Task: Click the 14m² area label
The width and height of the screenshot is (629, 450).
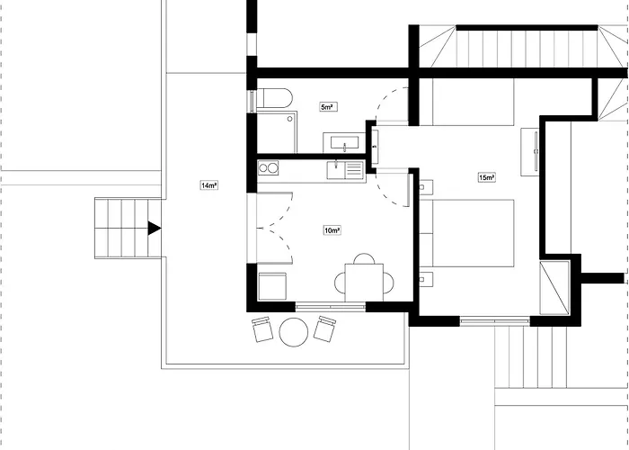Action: (x=209, y=185)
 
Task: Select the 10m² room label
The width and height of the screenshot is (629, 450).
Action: (x=332, y=230)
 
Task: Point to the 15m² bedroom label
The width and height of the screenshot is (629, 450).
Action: (x=487, y=177)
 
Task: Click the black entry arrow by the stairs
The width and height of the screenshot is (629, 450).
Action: (x=155, y=228)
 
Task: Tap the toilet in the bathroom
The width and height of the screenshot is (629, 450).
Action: (x=274, y=98)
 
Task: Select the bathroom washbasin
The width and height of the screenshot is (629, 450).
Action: (x=344, y=143)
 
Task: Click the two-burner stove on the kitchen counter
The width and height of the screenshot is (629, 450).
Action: (x=268, y=168)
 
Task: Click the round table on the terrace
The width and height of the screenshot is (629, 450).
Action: (x=294, y=332)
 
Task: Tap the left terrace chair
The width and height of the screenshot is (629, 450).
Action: (x=262, y=329)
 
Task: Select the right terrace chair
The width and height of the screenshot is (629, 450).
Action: (x=324, y=329)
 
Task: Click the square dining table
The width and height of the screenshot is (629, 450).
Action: (x=364, y=283)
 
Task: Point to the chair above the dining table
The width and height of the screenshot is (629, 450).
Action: (x=364, y=258)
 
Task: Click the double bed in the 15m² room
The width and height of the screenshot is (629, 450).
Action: (x=467, y=233)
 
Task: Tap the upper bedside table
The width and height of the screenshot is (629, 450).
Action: (x=427, y=187)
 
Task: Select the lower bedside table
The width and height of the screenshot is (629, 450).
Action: (x=427, y=279)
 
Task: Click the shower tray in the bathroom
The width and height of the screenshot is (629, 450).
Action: (x=277, y=132)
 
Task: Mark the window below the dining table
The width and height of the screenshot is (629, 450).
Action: (x=330, y=308)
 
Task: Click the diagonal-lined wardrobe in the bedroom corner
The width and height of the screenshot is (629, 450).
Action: (x=554, y=288)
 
